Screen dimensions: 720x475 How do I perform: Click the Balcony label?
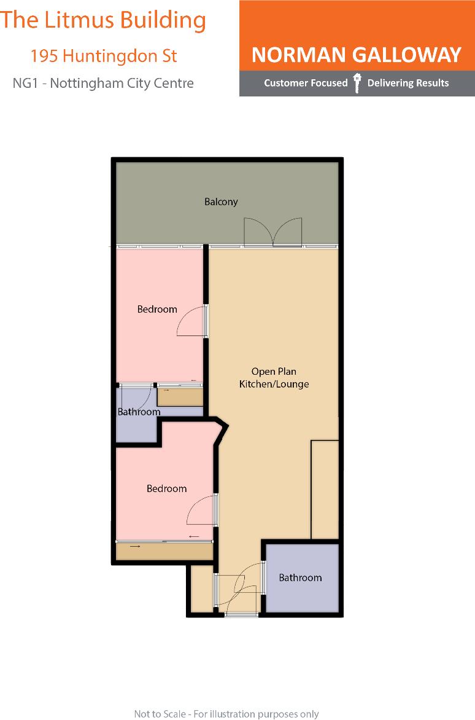tap(221, 202)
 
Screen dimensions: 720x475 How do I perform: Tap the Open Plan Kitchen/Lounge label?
tap(274, 378)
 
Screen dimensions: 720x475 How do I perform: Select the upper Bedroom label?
tap(157, 309)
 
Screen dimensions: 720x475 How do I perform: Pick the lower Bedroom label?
tap(166, 488)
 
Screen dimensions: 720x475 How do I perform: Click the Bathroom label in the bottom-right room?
tap(300, 577)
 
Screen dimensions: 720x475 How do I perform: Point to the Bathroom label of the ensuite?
tap(139, 412)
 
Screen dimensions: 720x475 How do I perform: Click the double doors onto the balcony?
tap(273, 232)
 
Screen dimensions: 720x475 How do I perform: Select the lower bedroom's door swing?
tap(201, 511)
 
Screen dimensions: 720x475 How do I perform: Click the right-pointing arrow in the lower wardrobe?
tap(135, 546)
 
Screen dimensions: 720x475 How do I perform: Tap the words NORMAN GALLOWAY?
tap(356, 55)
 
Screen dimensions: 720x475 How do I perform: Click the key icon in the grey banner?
tap(357, 84)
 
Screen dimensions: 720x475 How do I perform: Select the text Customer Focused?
tap(306, 83)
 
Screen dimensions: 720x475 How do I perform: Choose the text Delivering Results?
tap(407, 83)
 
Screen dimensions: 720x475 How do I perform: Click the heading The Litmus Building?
tap(103, 20)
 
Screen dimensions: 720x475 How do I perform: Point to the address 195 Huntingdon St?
tap(104, 56)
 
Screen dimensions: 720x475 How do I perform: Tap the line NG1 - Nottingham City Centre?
tap(103, 83)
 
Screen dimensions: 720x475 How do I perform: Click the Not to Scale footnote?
tap(226, 713)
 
